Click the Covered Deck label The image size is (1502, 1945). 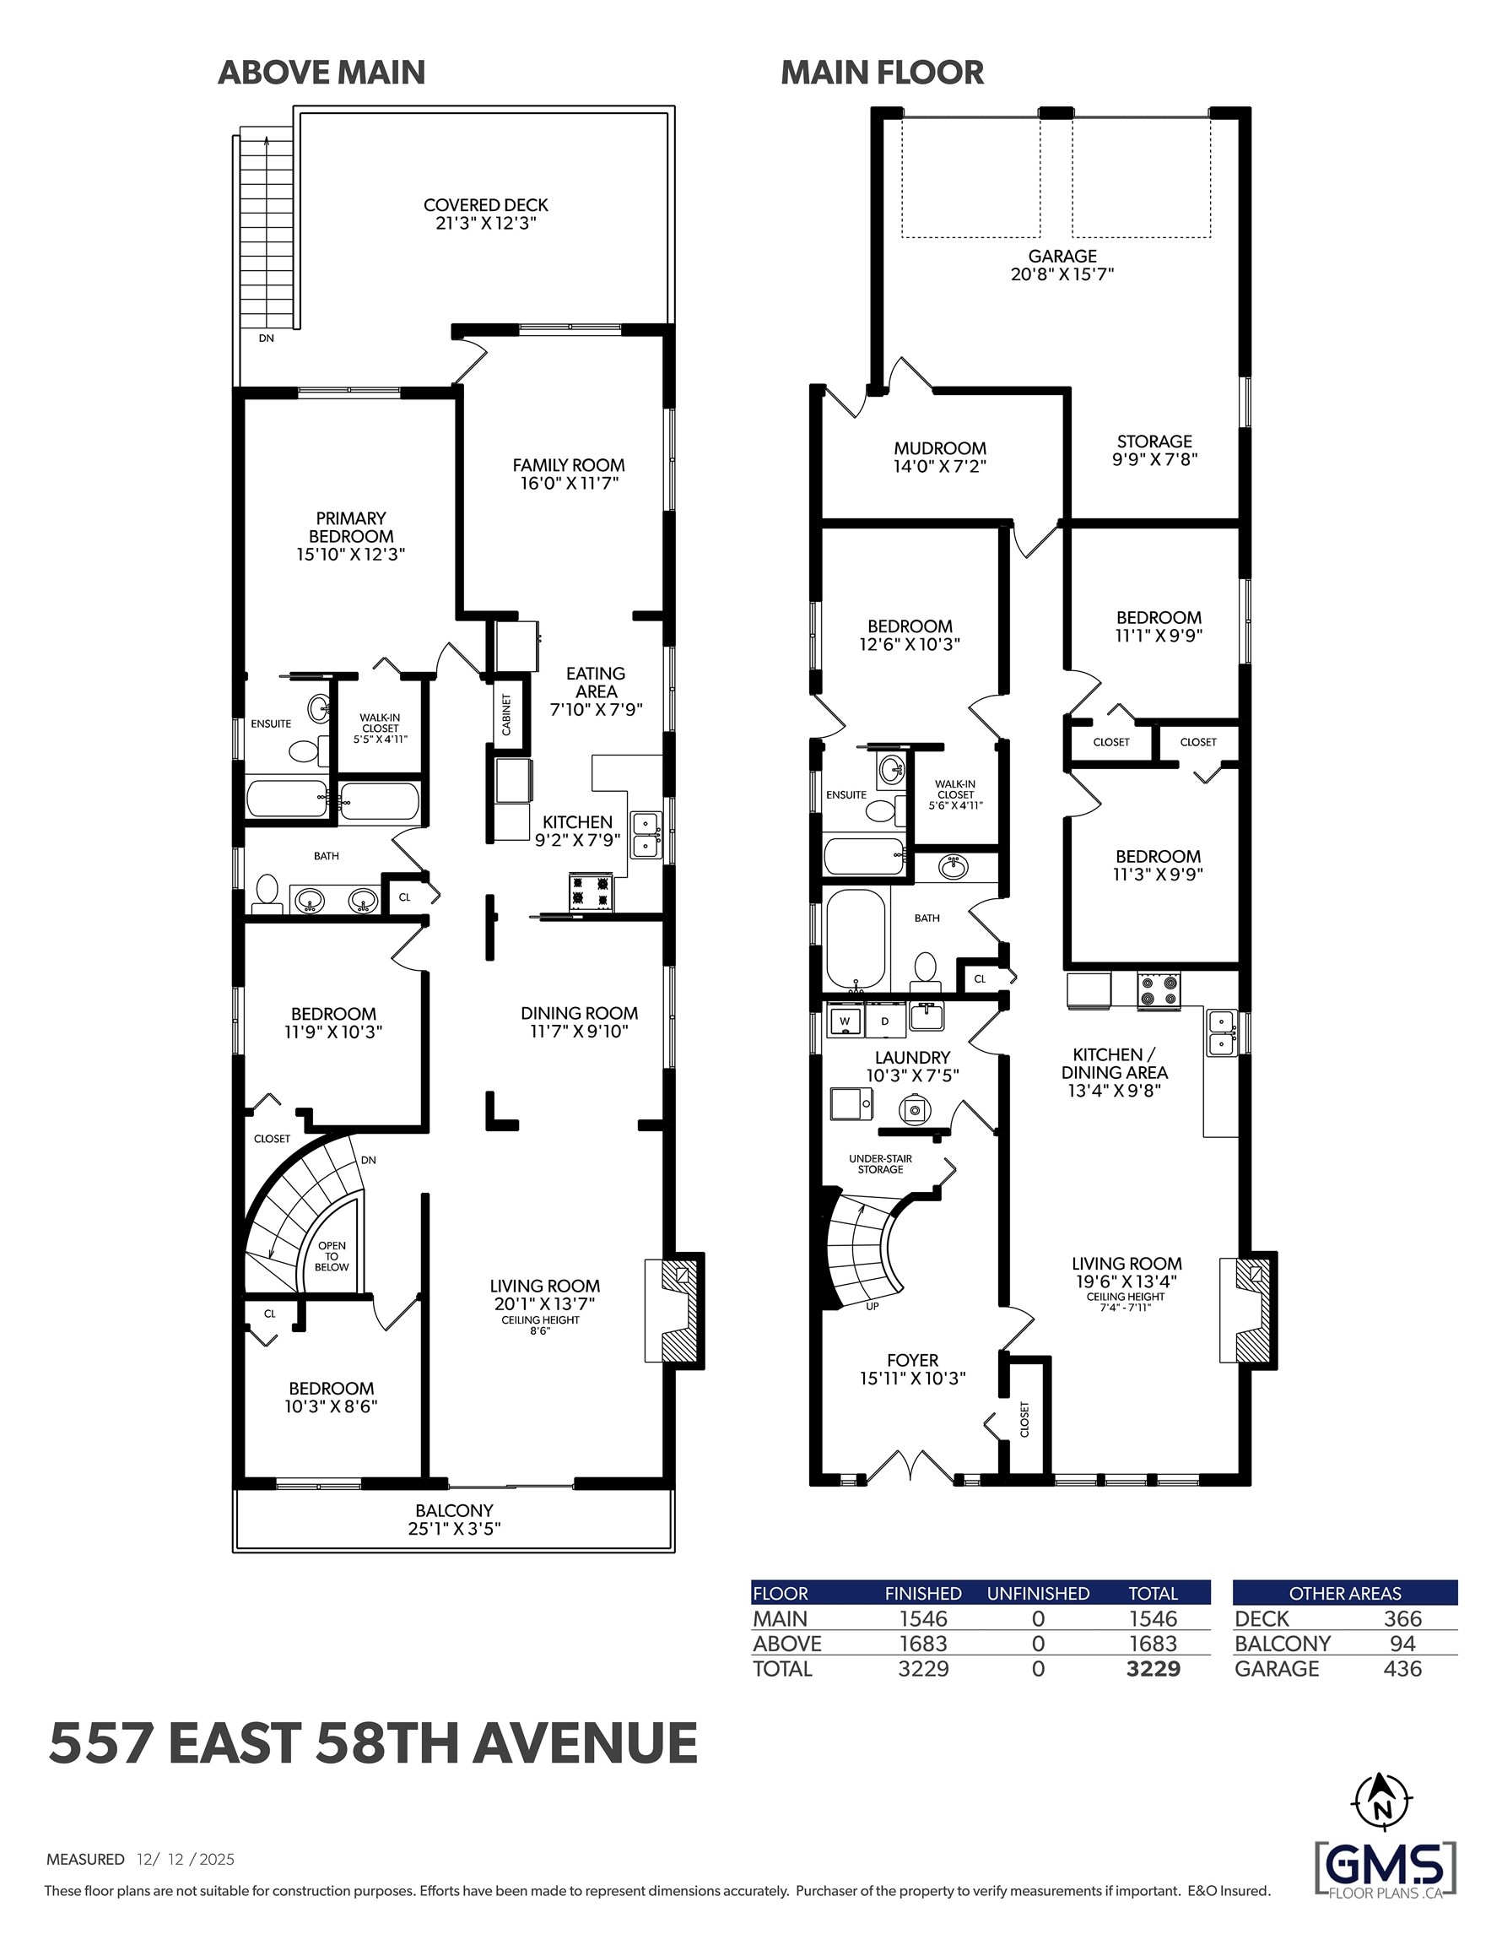pos(485,206)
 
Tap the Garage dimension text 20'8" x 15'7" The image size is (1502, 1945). pos(1062,274)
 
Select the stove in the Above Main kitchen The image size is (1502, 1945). pos(592,892)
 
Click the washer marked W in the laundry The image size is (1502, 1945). pos(845,1021)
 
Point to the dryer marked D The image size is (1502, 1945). pos(885,1021)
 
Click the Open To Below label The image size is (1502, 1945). pos(332,1255)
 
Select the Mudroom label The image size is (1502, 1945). pos(939,448)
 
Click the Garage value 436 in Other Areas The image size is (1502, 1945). pos(1402,1668)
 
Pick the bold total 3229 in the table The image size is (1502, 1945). pos(1153,1668)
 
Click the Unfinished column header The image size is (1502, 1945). pos(1037,1593)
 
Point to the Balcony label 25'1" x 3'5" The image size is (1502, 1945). pos(454,1520)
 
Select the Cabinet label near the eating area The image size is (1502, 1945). pos(506,714)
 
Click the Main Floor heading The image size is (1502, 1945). pos(882,72)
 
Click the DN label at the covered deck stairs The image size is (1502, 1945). pos(266,339)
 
